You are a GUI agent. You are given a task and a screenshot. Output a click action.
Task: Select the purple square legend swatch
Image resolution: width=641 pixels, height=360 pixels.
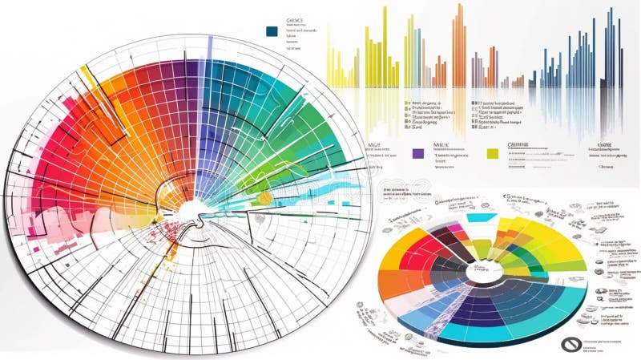(x=417, y=152)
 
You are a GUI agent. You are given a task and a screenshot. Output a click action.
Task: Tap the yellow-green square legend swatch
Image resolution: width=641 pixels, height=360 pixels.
(x=493, y=152)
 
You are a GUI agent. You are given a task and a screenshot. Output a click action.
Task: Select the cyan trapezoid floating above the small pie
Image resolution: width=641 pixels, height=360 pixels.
(x=480, y=217)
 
